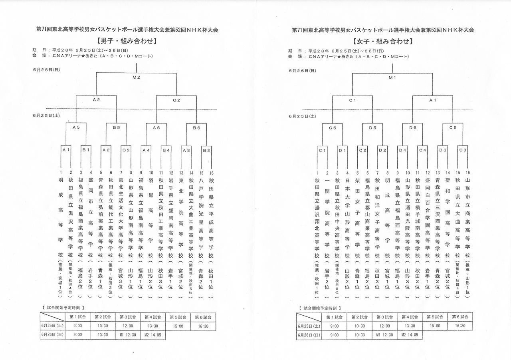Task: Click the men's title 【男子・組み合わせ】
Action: pos(126,41)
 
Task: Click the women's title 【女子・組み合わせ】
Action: pos(382,41)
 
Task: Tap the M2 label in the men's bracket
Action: pos(136,77)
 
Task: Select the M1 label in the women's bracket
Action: pos(392,78)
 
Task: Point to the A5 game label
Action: pos(76,127)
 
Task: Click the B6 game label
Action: pos(196,127)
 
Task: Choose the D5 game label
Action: pos(372,128)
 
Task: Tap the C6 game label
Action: pos(453,127)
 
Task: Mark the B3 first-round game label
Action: pos(206,150)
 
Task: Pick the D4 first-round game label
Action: pos(403,150)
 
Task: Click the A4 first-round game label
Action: pos(146,150)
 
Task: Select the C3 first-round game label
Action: pos(463,150)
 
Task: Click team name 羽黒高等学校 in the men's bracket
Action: pos(151,218)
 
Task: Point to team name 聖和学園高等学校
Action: pos(448,218)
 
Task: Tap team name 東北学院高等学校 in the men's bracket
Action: pos(181,218)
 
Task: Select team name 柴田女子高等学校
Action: pos(357,218)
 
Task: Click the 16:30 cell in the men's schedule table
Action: pos(203,326)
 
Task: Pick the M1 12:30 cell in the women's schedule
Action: pos(384,335)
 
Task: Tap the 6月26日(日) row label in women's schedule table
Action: pos(309,335)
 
